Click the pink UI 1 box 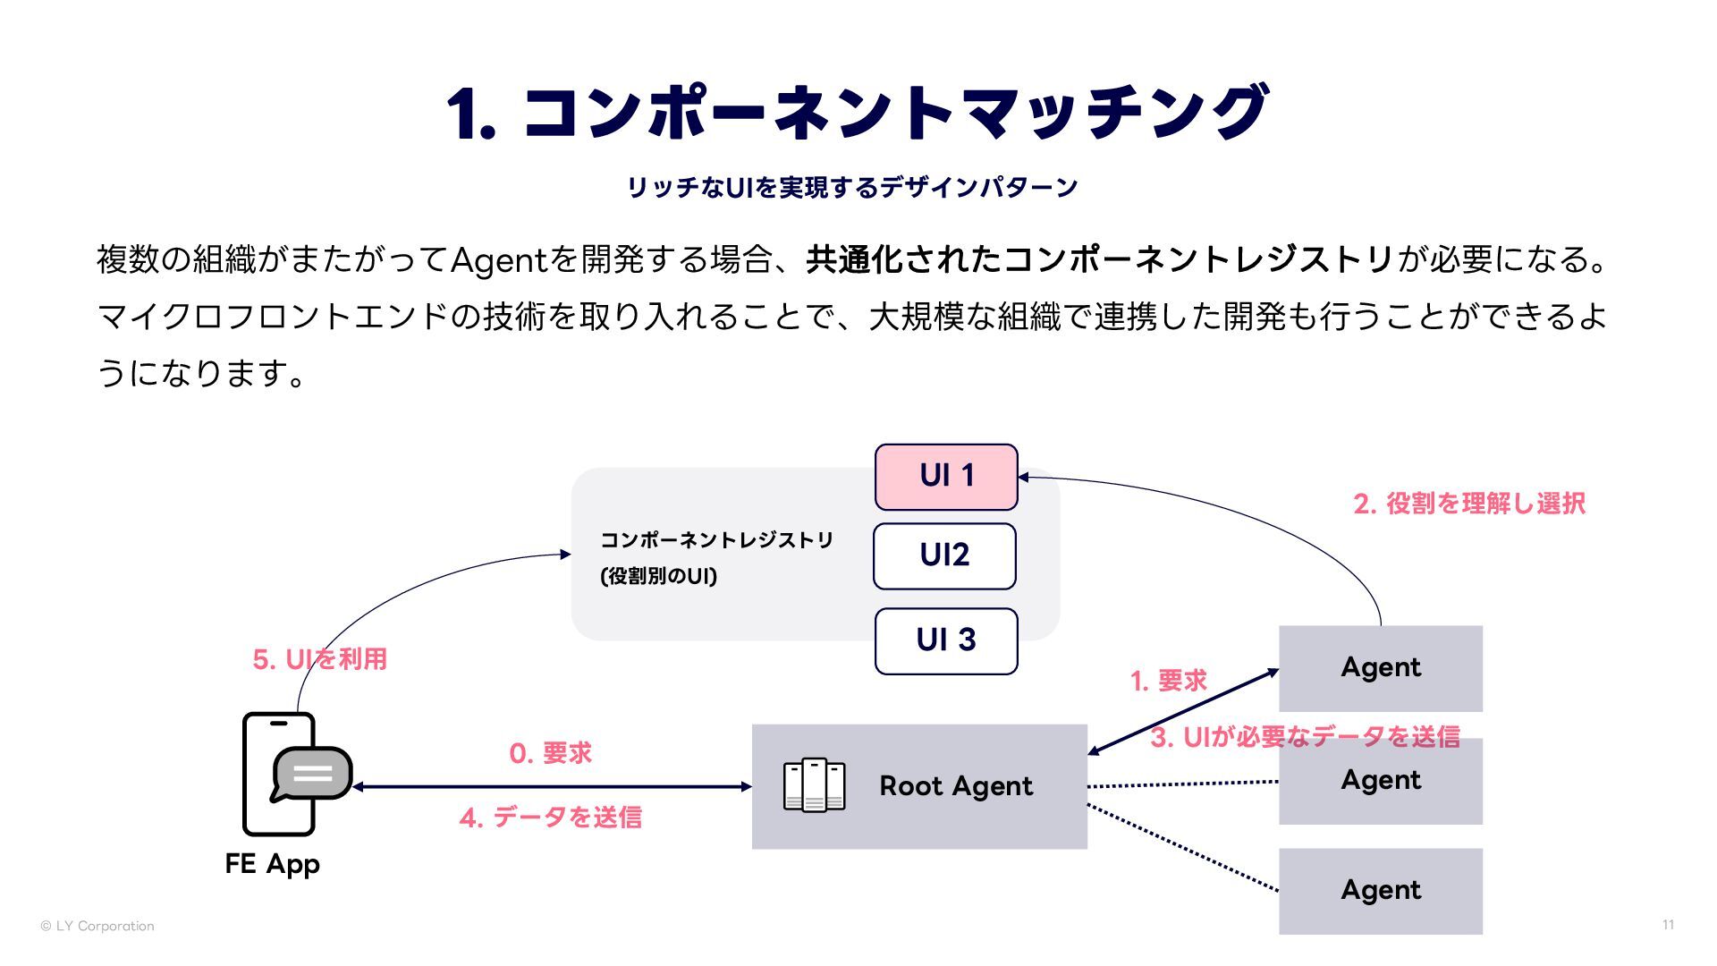(946, 477)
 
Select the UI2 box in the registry (944, 555)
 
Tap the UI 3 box (946, 640)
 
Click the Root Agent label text (955, 786)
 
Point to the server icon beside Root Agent (814, 785)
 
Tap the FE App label (272, 864)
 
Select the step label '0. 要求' (550, 753)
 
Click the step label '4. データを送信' (550, 817)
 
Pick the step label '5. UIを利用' (319, 659)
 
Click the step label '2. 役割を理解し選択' (1469, 504)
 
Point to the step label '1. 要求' (1168, 681)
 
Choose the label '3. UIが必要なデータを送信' (1305, 737)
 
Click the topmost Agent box (1380, 667)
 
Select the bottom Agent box (1380, 891)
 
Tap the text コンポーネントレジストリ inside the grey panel (716, 540)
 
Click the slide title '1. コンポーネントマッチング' (857, 114)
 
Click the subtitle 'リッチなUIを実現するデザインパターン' (852, 188)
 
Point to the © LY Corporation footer (97, 926)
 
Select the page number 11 (1668, 925)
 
